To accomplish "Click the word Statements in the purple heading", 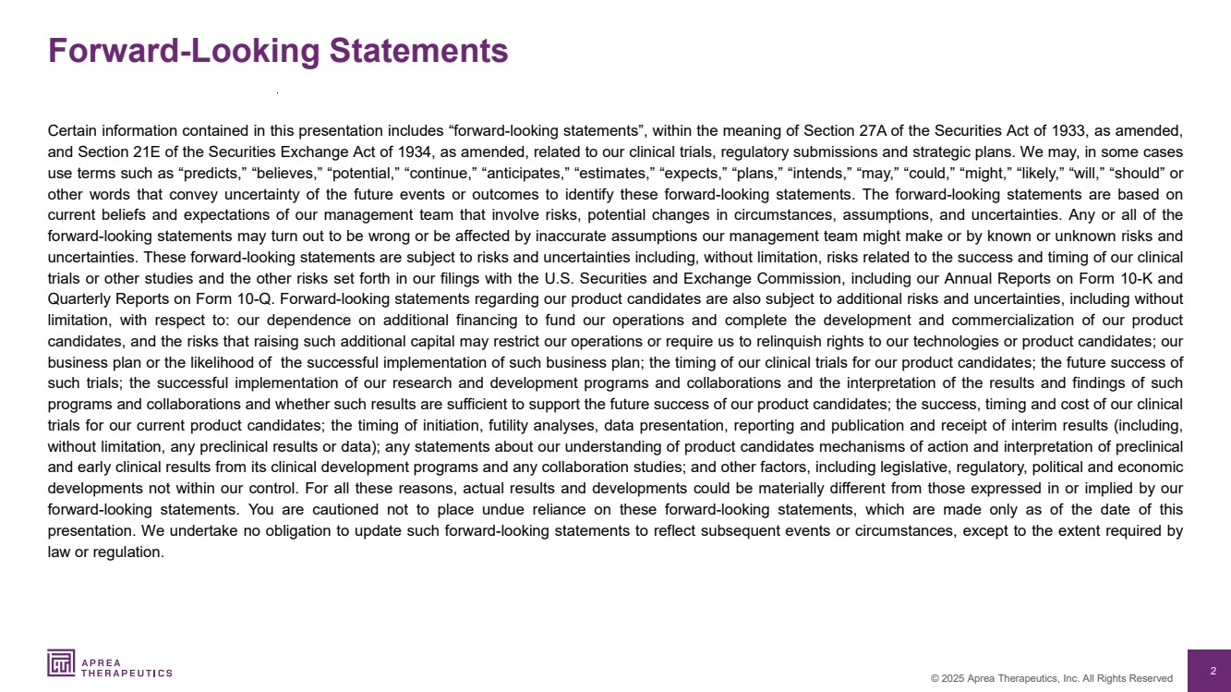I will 418,51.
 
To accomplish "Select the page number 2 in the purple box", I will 1213,672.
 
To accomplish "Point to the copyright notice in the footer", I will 1051,678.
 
